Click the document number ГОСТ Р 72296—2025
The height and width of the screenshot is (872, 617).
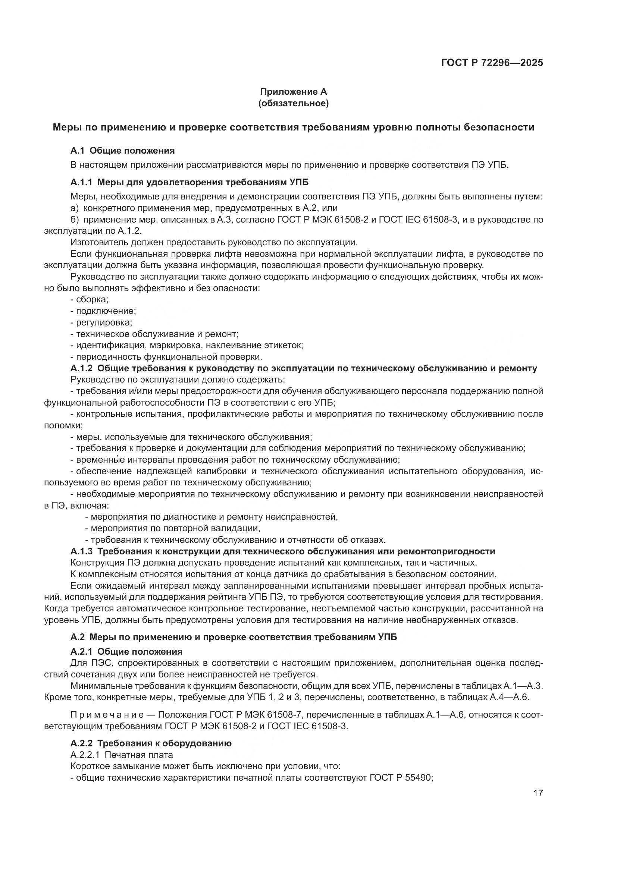tap(492, 63)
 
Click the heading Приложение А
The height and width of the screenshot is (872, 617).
tap(293, 92)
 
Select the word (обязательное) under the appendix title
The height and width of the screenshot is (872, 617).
tap(293, 103)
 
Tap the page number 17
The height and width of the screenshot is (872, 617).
tap(538, 793)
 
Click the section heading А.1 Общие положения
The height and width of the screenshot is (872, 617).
tap(122, 151)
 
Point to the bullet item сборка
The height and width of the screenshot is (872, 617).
tap(92, 300)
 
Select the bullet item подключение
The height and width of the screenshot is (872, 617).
tap(106, 311)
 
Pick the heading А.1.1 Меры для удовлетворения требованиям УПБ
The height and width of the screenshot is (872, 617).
tap(189, 183)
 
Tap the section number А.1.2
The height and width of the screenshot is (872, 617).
tap(81, 368)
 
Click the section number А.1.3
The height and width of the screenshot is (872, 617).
tap(81, 551)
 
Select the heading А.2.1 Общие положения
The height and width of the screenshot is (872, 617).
tap(126, 652)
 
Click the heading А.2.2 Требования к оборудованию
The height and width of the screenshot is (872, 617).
tap(151, 743)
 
